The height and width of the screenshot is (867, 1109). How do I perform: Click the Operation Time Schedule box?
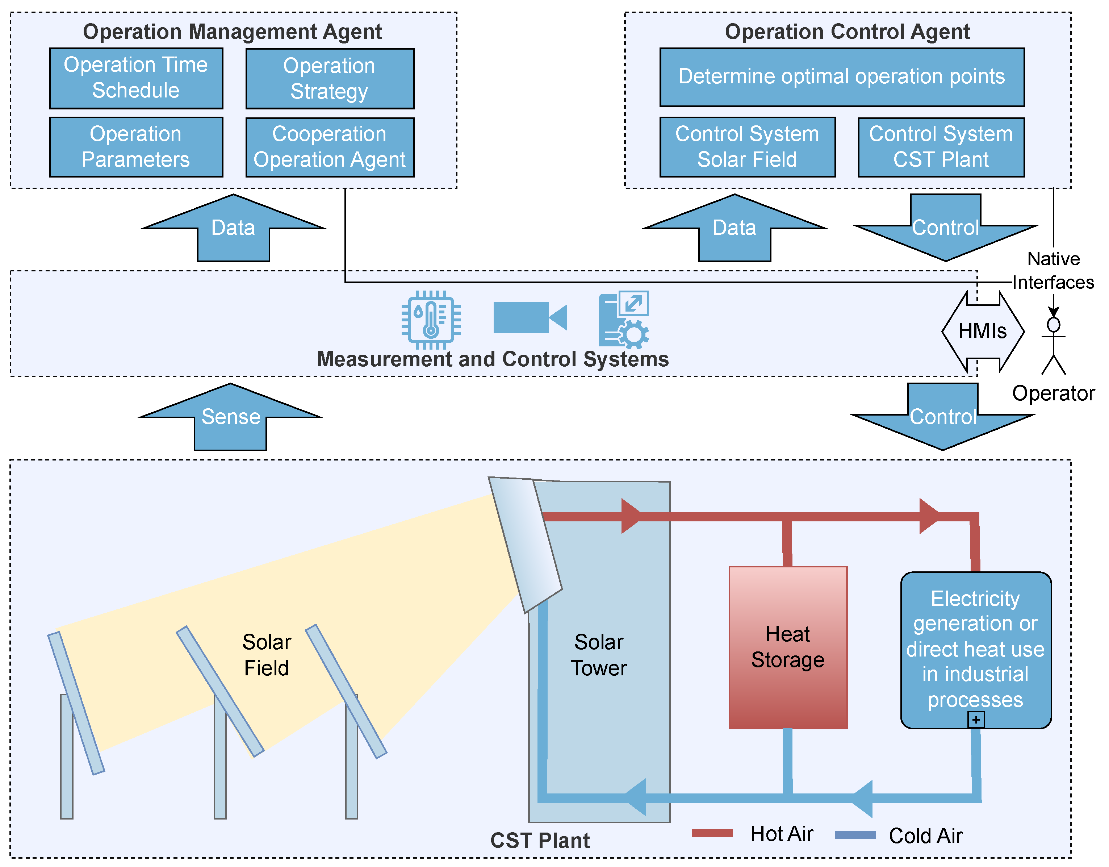point(136,78)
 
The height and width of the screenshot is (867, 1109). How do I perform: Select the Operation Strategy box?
point(330,79)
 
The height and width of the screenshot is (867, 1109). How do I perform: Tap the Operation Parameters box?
point(136,147)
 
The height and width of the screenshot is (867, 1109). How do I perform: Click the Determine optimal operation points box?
point(841,77)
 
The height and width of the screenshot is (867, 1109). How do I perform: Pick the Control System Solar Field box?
point(747,147)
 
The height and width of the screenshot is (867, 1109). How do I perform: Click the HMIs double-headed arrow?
point(983,331)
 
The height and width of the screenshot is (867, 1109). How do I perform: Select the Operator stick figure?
point(1054,345)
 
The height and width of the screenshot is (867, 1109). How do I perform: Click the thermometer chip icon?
point(431,320)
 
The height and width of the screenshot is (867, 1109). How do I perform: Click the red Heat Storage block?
point(788,647)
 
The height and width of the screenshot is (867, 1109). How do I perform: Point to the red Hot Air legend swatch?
point(712,833)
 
